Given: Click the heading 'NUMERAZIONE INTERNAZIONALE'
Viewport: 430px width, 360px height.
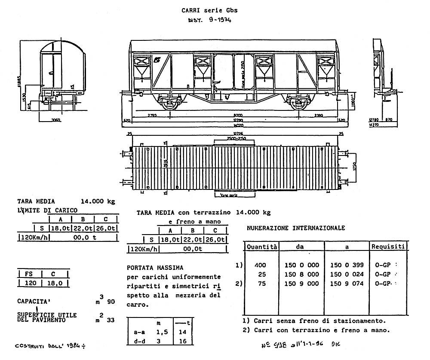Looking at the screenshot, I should pos(296,228).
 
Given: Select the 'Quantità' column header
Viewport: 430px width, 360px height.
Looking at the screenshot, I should pos(262,247).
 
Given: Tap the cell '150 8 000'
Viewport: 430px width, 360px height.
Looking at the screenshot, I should pos(302,275).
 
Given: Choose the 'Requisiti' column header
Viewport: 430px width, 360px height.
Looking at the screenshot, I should pos(388,247).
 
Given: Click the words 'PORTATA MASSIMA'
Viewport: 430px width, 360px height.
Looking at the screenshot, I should pos(155,268).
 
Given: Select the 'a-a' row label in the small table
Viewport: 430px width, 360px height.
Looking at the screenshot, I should pos(137,332).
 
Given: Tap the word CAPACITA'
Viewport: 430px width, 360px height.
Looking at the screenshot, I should pos(35,301).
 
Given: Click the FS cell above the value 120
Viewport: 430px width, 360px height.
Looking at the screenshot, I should pos(28,274).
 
